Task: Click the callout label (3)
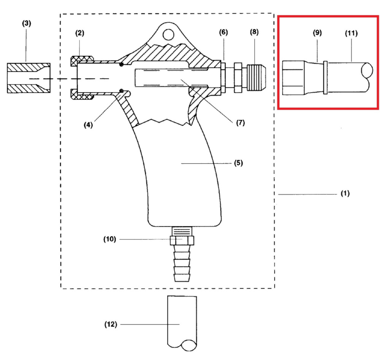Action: point(27,24)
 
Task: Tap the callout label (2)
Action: point(80,33)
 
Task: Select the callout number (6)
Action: point(223,32)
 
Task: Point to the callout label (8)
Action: point(254,32)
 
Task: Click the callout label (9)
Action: point(317,33)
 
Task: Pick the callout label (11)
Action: point(351,33)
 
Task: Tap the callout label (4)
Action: point(88,125)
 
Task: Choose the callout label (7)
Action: point(241,123)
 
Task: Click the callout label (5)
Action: point(239,163)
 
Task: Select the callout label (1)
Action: point(345,193)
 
